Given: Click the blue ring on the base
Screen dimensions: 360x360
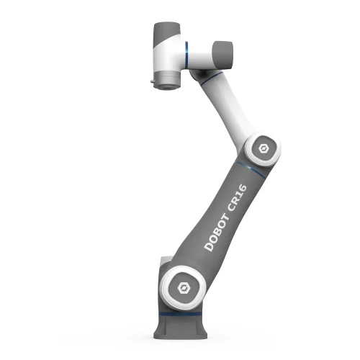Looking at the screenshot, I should pos(184,315).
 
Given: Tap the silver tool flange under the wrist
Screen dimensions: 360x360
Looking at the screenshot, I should pos(166,84).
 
